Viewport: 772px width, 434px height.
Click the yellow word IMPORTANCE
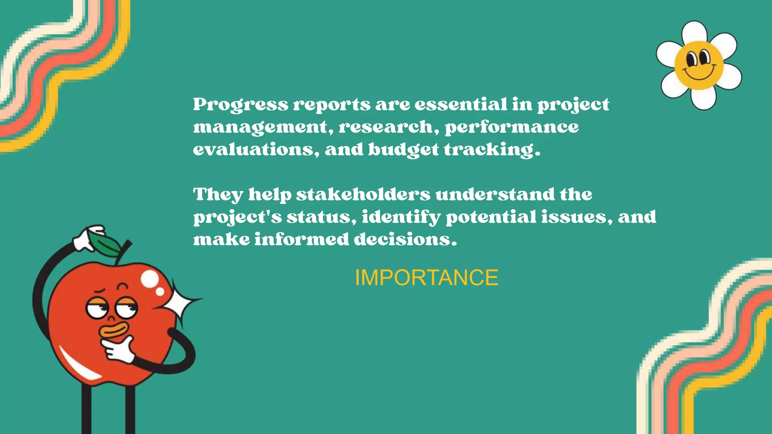426,278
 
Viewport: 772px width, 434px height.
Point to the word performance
512,127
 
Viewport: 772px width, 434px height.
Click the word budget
403,150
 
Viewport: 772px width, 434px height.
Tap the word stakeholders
363,194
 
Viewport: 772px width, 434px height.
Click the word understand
495,194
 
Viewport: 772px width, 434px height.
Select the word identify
401,217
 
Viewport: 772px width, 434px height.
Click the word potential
491,217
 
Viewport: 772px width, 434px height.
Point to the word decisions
405,239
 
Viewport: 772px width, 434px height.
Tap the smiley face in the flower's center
699,65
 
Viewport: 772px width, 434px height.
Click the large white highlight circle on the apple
150,279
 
